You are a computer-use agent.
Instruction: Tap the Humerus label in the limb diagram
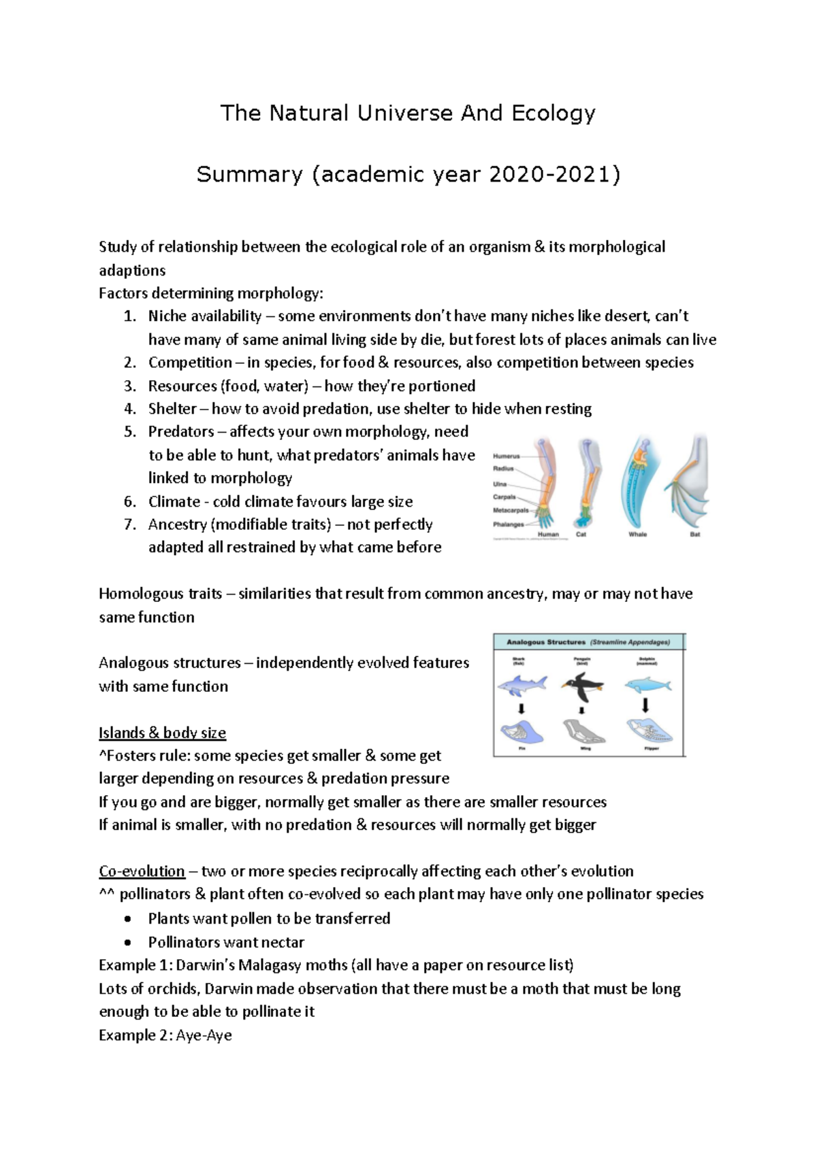[x=506, y=456]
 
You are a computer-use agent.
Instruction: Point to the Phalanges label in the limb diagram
[x=508, y=524]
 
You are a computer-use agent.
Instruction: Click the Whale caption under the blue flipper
[x=637, y=535]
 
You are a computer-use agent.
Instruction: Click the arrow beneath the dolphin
[x=646, y=705]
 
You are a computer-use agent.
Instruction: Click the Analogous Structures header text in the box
[x=545, y=641]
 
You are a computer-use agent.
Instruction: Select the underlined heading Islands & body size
[x=162, y=733]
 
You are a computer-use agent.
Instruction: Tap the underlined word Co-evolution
[x=142, y=871]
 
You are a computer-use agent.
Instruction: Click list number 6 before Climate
[x=130, y=502]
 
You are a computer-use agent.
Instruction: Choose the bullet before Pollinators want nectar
[x=129, y=943]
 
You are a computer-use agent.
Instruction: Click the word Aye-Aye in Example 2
[x=204, y=1035]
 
